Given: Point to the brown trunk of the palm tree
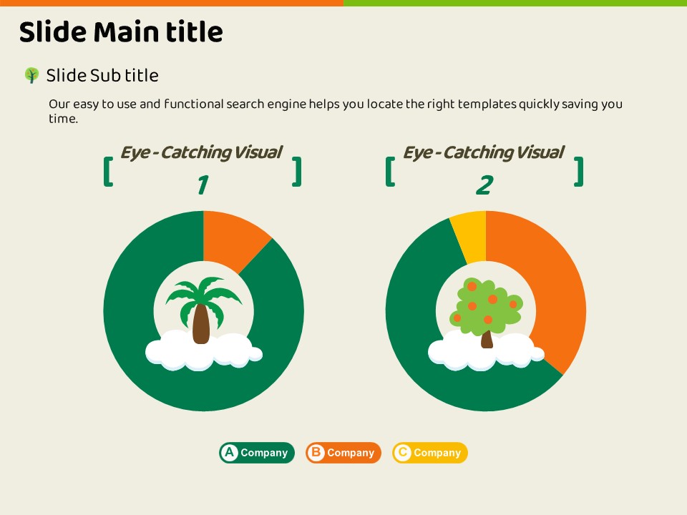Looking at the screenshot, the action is click(x=201, y=324).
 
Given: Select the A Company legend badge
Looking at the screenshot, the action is click(x=257, y=452).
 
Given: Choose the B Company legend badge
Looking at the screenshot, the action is click(x=343, y=452).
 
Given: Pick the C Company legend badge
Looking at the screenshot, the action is click(x=430, y=452).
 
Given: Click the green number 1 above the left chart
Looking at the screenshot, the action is click(x=203, y=185).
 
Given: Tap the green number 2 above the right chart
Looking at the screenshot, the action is click(x=484, y=185).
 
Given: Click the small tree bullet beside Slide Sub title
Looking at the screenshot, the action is click(x=31, y=75).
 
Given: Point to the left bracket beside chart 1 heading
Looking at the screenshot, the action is click(x=108, y=172).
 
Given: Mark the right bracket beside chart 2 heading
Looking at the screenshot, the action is click(x=579, y=172).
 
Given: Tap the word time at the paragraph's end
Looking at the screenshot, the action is click(x=63, y=119).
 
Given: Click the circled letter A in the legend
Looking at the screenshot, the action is click(x=229, y=452).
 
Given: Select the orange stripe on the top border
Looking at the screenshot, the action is click(x=172, y=3).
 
